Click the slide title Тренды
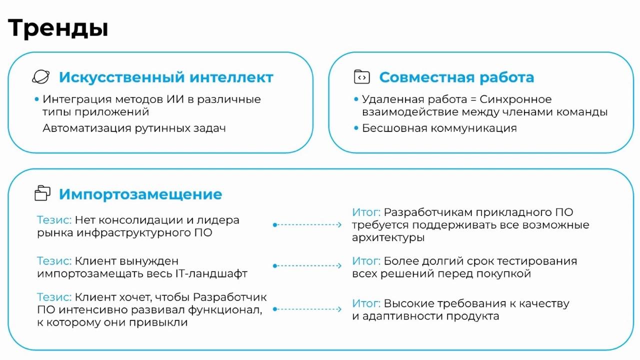(x=58, y=28)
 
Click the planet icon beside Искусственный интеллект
(x=41, y=77)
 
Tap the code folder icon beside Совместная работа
(x=361, y=77)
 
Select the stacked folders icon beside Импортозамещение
(x=42, y=193)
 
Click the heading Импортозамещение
(x=140, y=194)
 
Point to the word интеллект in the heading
(x=231, y=77)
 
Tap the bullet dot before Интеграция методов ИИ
(x=36, y=99)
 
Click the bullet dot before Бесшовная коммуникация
(x=356, y=128)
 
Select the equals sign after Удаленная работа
(x=473, y=99)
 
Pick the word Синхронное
(x=515, y=99)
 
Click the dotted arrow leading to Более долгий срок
(x=307, y=265)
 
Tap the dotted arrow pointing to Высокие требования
(x=307, y=309)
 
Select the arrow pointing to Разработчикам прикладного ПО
(x=307, y=225)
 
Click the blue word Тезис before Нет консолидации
(x=54, y=220)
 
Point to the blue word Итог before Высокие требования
(x=366, y=303)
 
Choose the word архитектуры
(x=388, y=237)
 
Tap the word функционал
(x=225, y=310)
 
